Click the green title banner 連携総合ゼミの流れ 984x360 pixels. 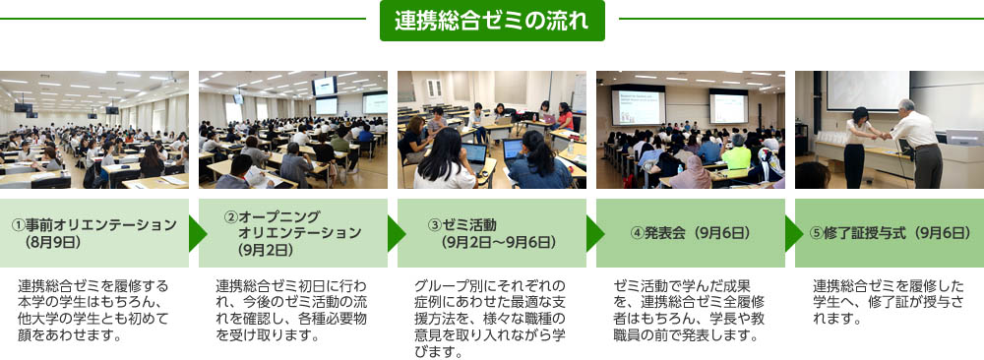click(x=492, y=21)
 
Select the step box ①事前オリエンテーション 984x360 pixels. click(x=94, y=233)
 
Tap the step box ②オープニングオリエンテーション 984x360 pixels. click(x=293, y=233)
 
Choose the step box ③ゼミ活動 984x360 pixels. click(x=492, y=233)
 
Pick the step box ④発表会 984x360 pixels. click(x=691, y=233)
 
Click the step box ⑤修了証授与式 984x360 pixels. click(x=890, y=233)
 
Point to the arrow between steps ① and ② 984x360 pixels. click(x=198, y=233)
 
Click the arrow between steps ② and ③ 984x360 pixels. click(x=397, y=233)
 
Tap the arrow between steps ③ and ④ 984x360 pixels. click(x=595, y=233)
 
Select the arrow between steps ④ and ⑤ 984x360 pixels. click(x=794, y=233)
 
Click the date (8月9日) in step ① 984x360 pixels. click(x=53, y=241)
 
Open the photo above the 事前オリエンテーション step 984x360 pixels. click(x=94, y=130)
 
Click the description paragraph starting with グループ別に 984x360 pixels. click(x=490, y=319)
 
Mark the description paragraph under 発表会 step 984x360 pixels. click(x=689, y=311)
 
